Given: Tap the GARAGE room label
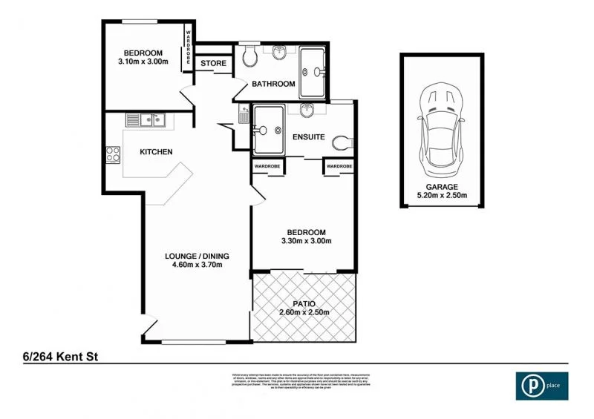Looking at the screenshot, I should coord(442,187).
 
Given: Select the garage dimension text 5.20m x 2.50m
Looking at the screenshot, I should coord(442,197).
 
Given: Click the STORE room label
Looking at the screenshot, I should coord(214,64).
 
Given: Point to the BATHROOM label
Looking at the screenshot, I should coord(273,84).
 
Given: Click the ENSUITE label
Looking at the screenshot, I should coord(307,137).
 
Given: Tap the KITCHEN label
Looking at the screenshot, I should coord(157,152).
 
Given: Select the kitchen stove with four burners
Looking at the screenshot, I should coord(114,155).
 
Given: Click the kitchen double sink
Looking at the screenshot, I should coord(145,119).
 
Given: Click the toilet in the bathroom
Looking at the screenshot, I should coord(249,56).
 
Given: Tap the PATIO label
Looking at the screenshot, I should coord(304,303).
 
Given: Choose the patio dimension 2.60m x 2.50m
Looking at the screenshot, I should coord(304,312).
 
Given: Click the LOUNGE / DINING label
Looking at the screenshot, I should coord(197,257).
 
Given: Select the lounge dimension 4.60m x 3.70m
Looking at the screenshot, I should coord(197,266).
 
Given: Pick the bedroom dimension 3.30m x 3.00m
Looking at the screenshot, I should coord(306,241).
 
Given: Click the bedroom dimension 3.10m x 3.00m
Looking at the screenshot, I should coord(143,62).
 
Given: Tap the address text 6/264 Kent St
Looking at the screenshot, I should coord(56,357).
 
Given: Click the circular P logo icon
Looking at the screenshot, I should coord(532,386).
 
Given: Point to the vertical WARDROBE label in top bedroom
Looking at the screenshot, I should coord(189,49).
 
